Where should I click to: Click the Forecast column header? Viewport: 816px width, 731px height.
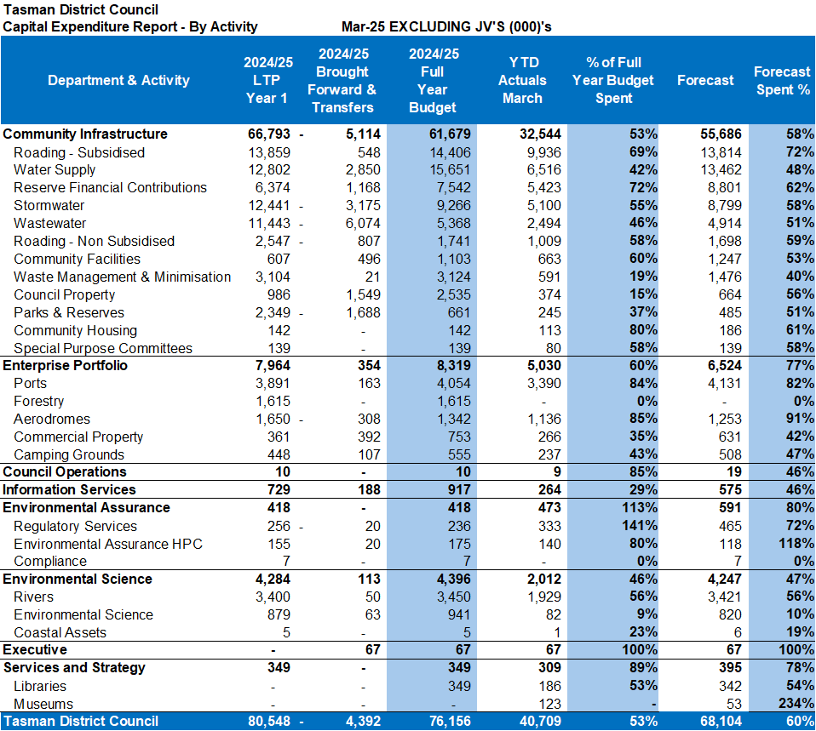click(x=705, y=80)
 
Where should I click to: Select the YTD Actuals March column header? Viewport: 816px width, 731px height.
click(x=522, y=80)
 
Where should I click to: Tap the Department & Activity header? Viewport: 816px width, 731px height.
click(x=118, y=80)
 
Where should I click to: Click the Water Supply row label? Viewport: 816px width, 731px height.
click(x=55, y=170)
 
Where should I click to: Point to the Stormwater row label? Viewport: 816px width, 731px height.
click(x=49, y=205)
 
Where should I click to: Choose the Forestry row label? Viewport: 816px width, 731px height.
click(x=39, y=402)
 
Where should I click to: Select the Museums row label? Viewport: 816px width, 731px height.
click(x=43, y=704)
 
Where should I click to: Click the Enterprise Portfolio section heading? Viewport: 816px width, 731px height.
click(x=65, y=366)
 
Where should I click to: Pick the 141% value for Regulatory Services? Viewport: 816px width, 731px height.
click(x=640, y=526)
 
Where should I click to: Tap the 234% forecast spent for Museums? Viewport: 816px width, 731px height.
click(x=796, y=704)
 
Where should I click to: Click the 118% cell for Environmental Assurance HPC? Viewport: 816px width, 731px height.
click(x=796, y=543)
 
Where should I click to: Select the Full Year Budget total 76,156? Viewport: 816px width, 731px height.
click(x=450, y=721)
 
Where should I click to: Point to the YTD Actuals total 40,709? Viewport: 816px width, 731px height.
click(x=540, y=721)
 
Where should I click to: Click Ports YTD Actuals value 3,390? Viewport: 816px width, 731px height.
click(x=544, y=383)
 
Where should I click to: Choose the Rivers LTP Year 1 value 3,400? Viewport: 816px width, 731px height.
click(x=273, y=597)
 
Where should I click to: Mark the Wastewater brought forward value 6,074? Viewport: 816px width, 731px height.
click(x=363, y=223)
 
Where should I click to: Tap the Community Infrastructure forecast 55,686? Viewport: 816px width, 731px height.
click(x=721, y=134)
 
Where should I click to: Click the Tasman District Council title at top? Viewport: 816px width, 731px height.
click(x=81, y=9)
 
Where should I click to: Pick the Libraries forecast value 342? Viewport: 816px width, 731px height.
click(x=730, y=686)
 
